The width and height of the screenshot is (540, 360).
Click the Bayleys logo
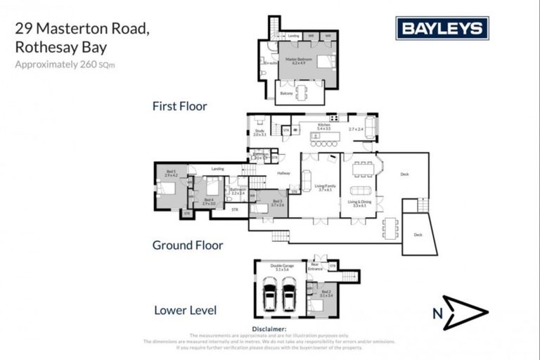442,28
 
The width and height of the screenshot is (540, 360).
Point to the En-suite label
268,63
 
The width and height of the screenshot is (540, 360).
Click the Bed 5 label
171,172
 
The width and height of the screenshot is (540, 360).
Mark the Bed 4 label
208,201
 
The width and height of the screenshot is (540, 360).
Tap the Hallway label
283,173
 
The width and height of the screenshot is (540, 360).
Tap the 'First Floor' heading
179,106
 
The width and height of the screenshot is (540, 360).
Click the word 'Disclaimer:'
269,329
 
